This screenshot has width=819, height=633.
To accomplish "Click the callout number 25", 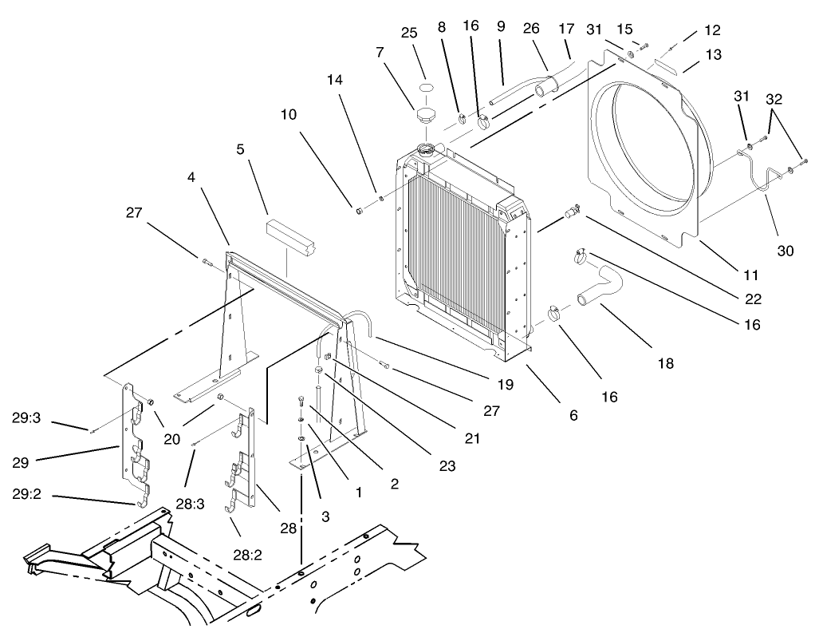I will [x=409, y=33].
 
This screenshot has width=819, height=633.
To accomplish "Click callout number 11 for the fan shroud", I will [x=750, y=275].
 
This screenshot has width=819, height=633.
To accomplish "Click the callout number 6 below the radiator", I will [x=573, y=415].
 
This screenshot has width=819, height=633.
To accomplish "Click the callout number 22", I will [x=754, y=299].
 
